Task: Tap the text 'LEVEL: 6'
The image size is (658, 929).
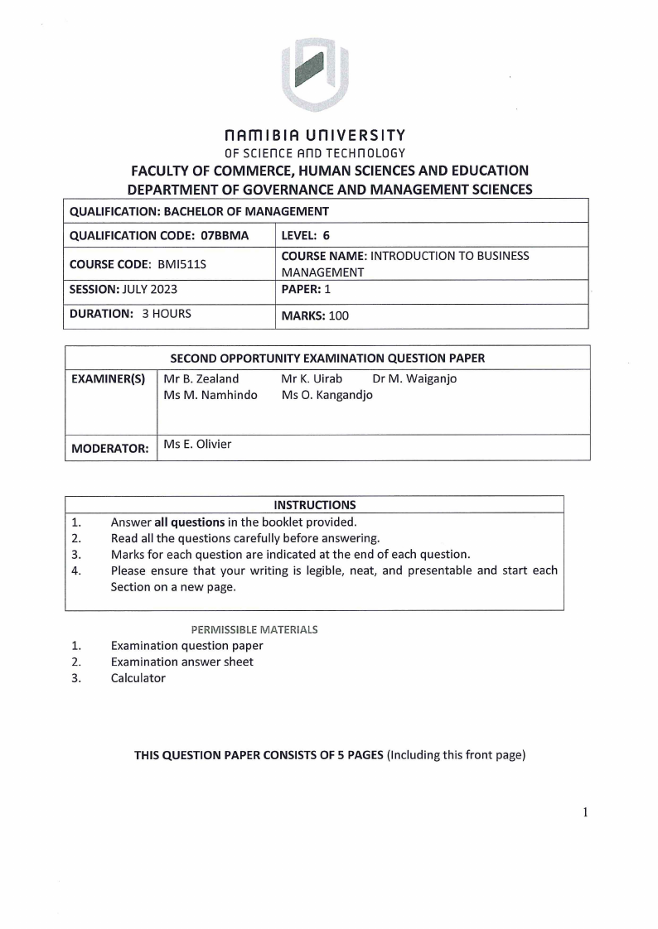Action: (x=306, y=235)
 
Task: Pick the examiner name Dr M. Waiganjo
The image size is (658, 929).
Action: (x=414, y=379)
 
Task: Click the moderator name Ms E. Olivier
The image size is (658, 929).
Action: (x=197, y=445)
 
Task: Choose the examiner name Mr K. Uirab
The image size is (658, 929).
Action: (x=312, y=379)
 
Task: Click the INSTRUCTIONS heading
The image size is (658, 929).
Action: (x=314, y=504)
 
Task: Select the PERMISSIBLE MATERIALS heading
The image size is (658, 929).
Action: (x=254, y=629)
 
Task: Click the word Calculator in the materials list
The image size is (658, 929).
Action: (x=138, y=678)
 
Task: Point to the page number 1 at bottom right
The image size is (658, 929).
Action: (x=585, y=811)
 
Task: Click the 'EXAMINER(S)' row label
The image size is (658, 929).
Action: (x=109, y=379)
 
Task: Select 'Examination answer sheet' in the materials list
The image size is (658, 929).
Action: (x=182, y=662)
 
